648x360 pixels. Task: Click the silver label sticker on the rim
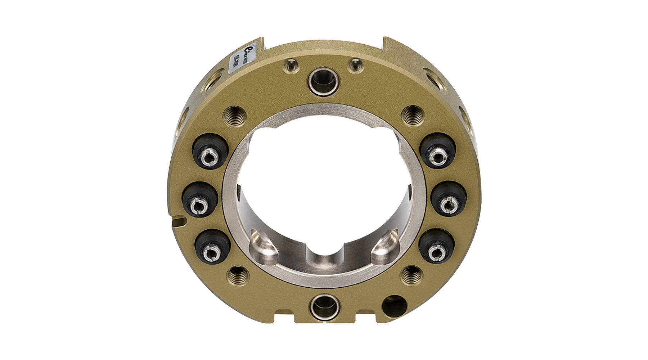click(x=243, y=58)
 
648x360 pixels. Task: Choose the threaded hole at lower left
click(x=239, y=276)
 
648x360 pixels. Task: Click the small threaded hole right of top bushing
click(x=355, y=65)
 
